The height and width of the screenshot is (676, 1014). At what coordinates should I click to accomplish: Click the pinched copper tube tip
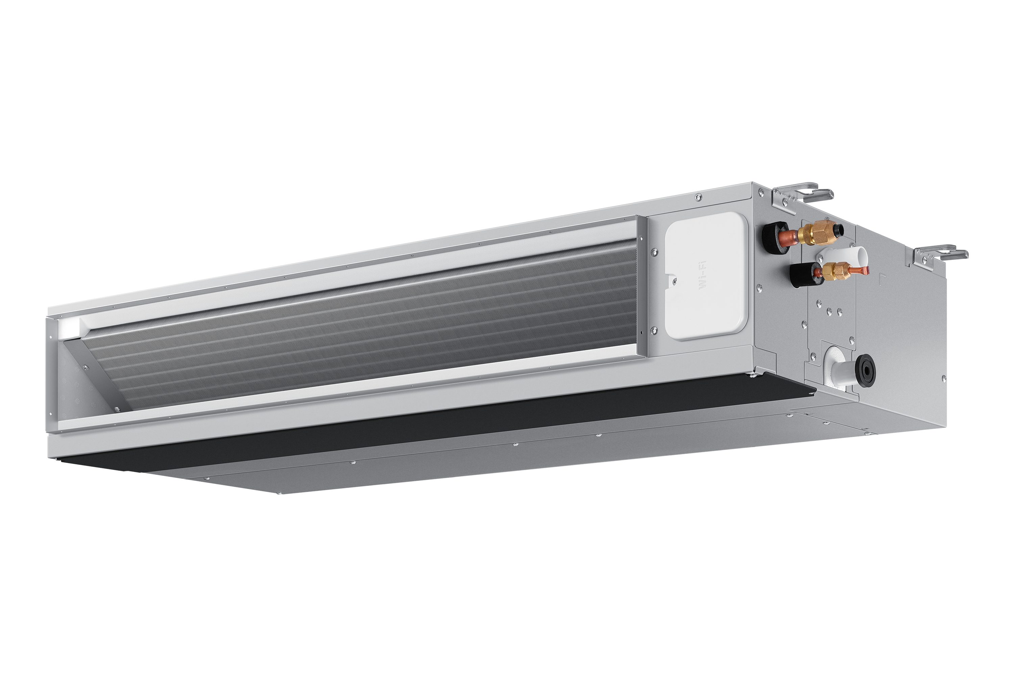pos(860,271)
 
